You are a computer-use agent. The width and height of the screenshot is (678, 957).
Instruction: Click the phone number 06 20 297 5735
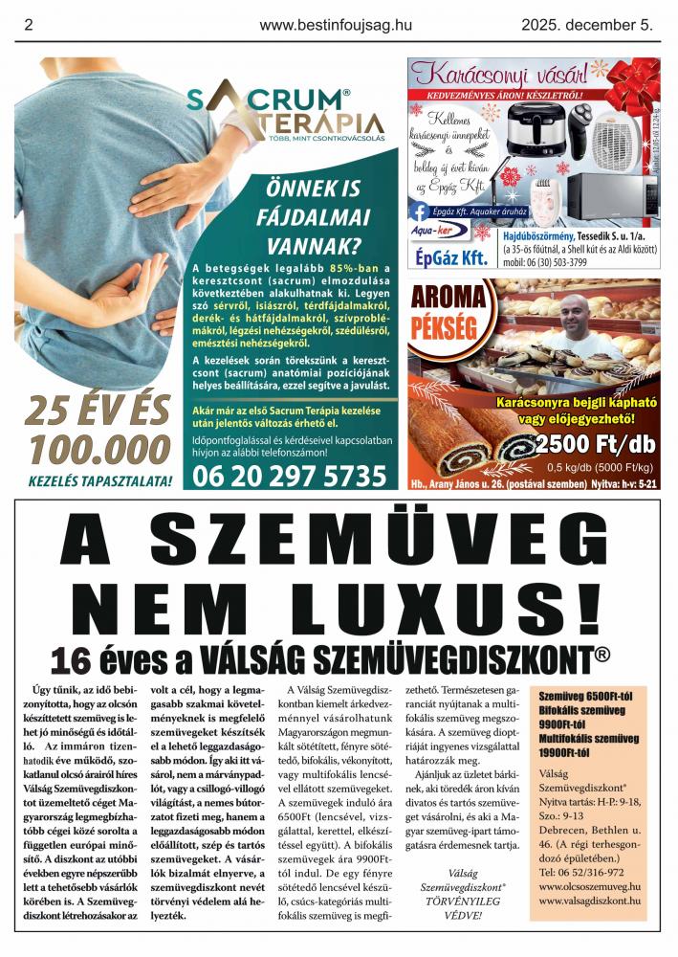290,475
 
